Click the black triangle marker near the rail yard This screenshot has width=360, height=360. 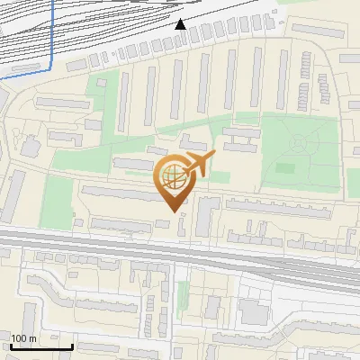pos(181,24)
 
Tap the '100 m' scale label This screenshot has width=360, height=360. pos(24,338)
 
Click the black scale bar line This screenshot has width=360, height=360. pos(40,346)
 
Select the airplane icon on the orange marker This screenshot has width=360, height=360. pos(199,164)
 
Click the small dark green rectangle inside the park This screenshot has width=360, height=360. pos(285,167)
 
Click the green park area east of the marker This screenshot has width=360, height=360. pos(301,153)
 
